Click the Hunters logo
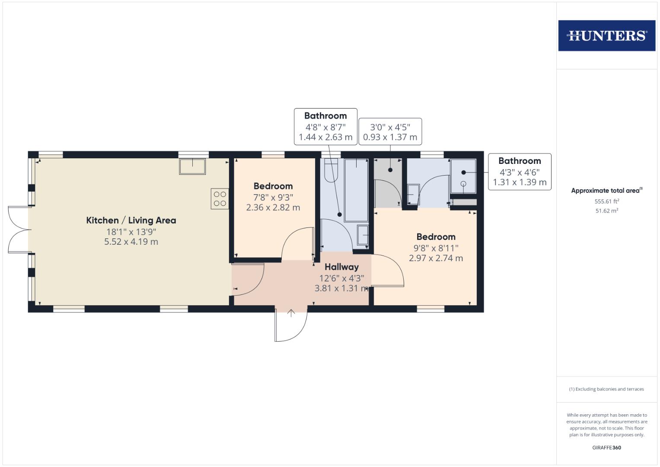pos(606,35)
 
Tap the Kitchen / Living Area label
pos(131,220)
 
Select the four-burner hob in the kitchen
pos(220,198)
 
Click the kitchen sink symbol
pos(192,166)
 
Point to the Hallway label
pos(341,267)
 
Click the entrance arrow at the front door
pos(291,313)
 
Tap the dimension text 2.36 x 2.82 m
pos(273,208)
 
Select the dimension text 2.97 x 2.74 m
pos(436,258)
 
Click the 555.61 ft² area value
pos(606,201)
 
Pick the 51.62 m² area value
pos(606,211)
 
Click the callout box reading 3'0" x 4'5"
pos(390,132)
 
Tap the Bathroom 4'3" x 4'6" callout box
pos(520,172)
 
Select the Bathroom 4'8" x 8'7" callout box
pos(325,126)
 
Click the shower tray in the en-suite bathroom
pos(463,176)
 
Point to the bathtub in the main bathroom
pos(356,190)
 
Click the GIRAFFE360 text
pos(606,448)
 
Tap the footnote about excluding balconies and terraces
pos(606,389)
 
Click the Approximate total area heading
pos(606,191)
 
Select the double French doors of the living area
pos(18,230)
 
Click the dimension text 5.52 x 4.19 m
pos(131,242)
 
